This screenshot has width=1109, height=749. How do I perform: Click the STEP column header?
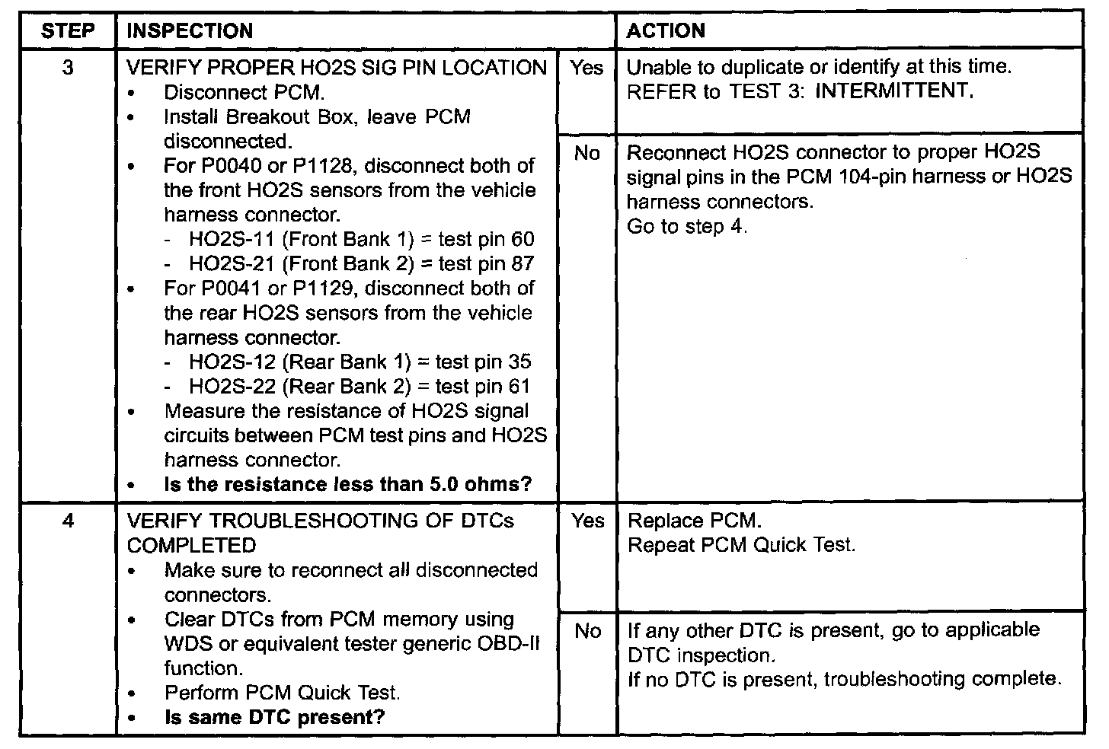click(x=68, y=31)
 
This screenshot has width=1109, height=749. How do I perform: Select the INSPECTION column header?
click(x=190, y=31)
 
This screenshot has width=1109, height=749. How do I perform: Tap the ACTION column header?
click(x=666, y=31)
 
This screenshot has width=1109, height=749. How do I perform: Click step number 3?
click(x=68, y=68)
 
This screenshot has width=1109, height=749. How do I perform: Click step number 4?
click(x=68, y=521)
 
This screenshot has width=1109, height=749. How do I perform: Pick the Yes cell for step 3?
click(x=586, y=68)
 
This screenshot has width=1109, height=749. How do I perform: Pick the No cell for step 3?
click(x=586, y=154)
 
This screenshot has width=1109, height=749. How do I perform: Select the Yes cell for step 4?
click(x=586, y=521)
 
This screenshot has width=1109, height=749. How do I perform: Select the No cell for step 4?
click(x=586, y=631)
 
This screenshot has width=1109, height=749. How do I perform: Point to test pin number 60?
click(x=523, y=240)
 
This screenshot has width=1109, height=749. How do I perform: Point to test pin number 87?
click(x=523, y=264)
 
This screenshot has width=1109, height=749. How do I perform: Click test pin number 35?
click(x=519, y=362)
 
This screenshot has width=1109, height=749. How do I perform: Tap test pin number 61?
click(x=519, y=387)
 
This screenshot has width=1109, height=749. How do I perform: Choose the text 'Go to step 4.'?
click(x=687, y=227)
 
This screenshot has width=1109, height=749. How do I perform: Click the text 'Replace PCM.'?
click(x=694, y=521)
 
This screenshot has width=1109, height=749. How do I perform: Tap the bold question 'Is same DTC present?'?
click(x=274, y=717)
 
